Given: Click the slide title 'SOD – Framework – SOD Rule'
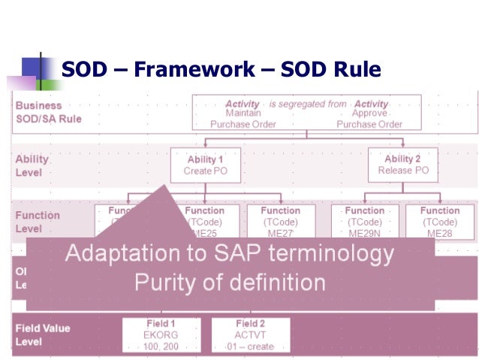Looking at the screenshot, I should tap(221, 70).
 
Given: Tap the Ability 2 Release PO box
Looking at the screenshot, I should tap(402, 165).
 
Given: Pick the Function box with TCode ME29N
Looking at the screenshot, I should tap(365, 222).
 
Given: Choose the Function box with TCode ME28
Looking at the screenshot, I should tap(440, 222).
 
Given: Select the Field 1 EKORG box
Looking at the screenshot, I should tap(161, 334).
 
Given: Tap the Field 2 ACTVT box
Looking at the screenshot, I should tap(250, 334).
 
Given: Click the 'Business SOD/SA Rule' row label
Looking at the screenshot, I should tap(48, 112).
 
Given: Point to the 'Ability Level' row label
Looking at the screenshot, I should tap(32, 165).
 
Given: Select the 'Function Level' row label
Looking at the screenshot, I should tap(38, 222).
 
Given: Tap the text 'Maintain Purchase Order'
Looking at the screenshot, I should tap(243, 119).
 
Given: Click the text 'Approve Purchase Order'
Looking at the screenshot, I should tap(369, 119).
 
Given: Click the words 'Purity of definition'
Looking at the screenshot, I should tap(230, 283).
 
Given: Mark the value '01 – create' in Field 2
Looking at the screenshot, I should tap(250, 346).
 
